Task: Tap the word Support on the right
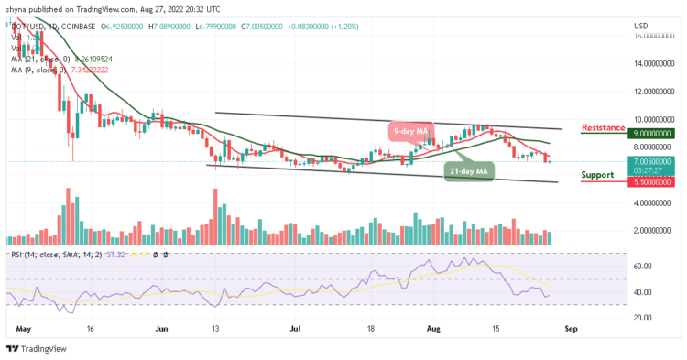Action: click(x=597, y=174)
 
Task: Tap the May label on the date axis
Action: click(x=22, y=326)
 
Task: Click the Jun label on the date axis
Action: click(x=161, y=326)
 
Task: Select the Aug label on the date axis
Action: click(x=435, y=326)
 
